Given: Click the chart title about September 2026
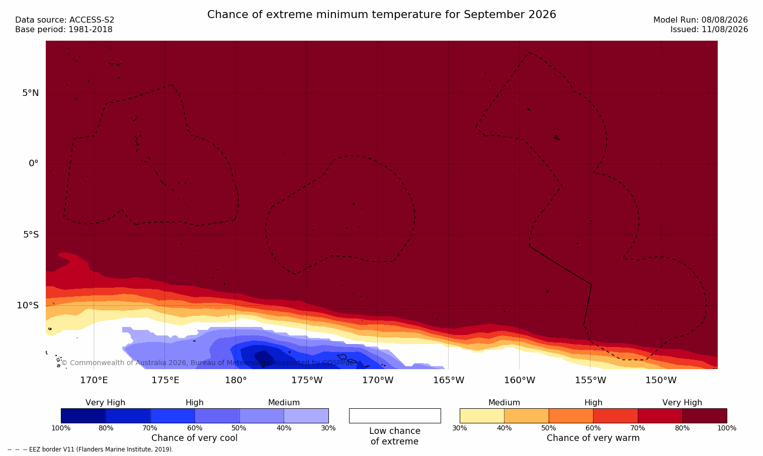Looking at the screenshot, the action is pyautogui.click(x=381, y=15).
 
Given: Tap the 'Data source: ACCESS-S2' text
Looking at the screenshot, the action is pyautogui.click(x=65, y=20).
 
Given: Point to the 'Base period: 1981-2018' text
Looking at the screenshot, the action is pyautogui.click(x=64, y=30).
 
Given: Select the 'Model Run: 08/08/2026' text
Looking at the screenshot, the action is pyautogui.click(x=700, y=20).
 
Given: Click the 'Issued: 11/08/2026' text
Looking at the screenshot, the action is pyautogui.click(x=709, y=30).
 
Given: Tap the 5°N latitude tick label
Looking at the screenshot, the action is pyautogui.click(x=31, y=93).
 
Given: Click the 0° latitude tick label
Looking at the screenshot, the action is pyautogui.click(x=33, y=164).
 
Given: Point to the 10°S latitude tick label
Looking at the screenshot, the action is pyautogui.click(x=28, y=305).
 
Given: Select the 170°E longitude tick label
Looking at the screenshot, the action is pyautogui.click(x=94, y=380).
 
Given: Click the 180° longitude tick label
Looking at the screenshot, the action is pyautogui.click(x=236, y=380).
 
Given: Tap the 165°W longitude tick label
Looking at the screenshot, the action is pyautogui.click(x=449, y=380).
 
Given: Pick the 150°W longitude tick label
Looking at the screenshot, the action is pyautogui.click(x=661, y=380).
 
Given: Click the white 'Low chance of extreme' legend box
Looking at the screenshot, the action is pyautogui.click(x=395, y=415).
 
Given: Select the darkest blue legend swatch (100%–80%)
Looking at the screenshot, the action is pyautogui.click(x=83, y=415).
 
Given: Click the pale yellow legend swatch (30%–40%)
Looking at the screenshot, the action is pyautogui.click(x=482, y=415).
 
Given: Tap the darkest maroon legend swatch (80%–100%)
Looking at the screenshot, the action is pyautogui.click(x=705, y=415).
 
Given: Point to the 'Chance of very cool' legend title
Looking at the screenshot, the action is pyautogui.click(x=195, y=438).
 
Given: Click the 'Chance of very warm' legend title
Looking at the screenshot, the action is pyautogui.click(x=593, y=438).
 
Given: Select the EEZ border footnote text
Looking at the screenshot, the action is pyautogui.click(x=90, y=449).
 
